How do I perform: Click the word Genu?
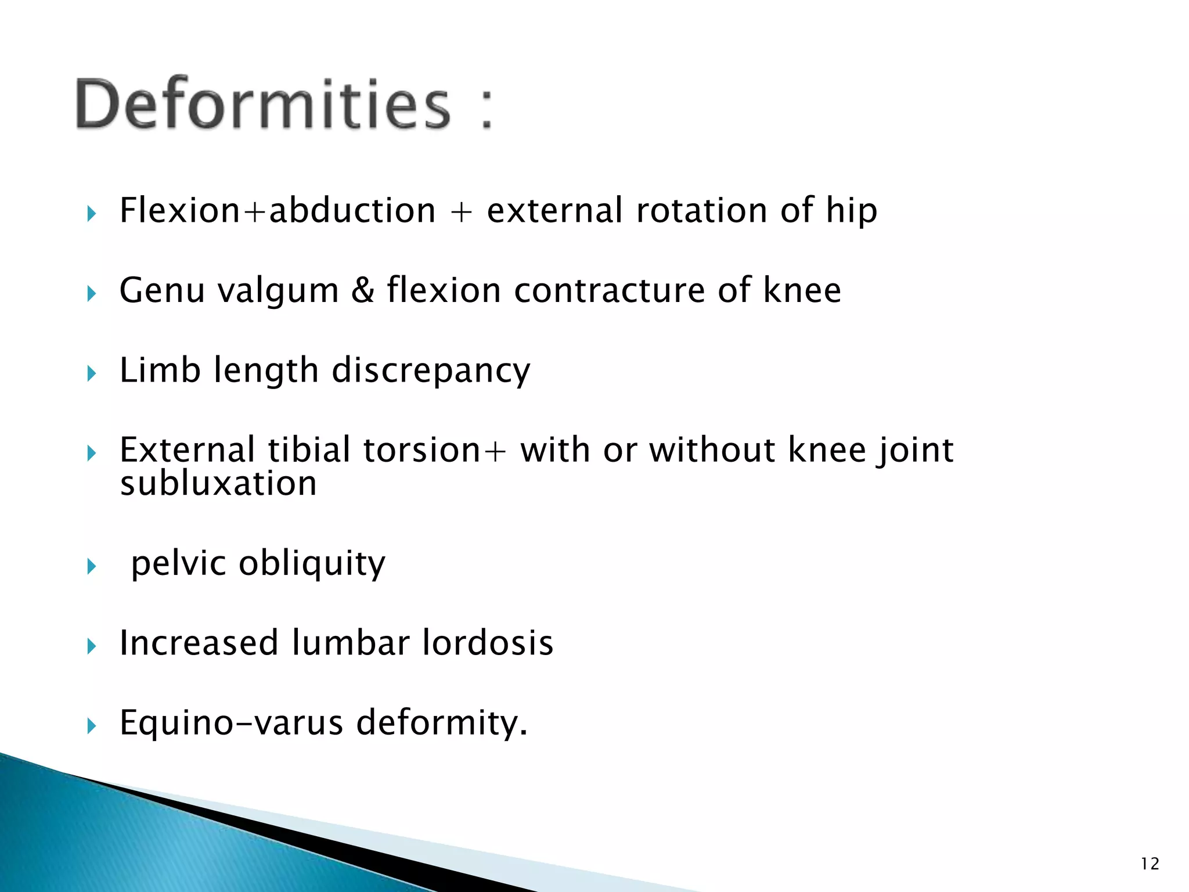coord(162,290)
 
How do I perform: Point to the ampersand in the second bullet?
coord(363,290)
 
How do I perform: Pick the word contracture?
coord(609,290)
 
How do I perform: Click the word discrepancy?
coord(431,371)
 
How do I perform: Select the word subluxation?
coord(218,484)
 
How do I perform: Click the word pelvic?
coord(178,563)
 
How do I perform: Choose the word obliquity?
coord(312,563)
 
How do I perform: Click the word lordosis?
coord(488,643)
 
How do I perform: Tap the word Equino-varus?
coord(231,723)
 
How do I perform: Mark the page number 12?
coord(1150,864)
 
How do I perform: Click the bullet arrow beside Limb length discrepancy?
coord(91,373)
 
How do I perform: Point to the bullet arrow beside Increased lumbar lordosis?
coord(91,646)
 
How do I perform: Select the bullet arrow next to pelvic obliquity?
coord(91,566)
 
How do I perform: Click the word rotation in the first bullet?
coord(701,210)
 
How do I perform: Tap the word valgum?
coord(278,290)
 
